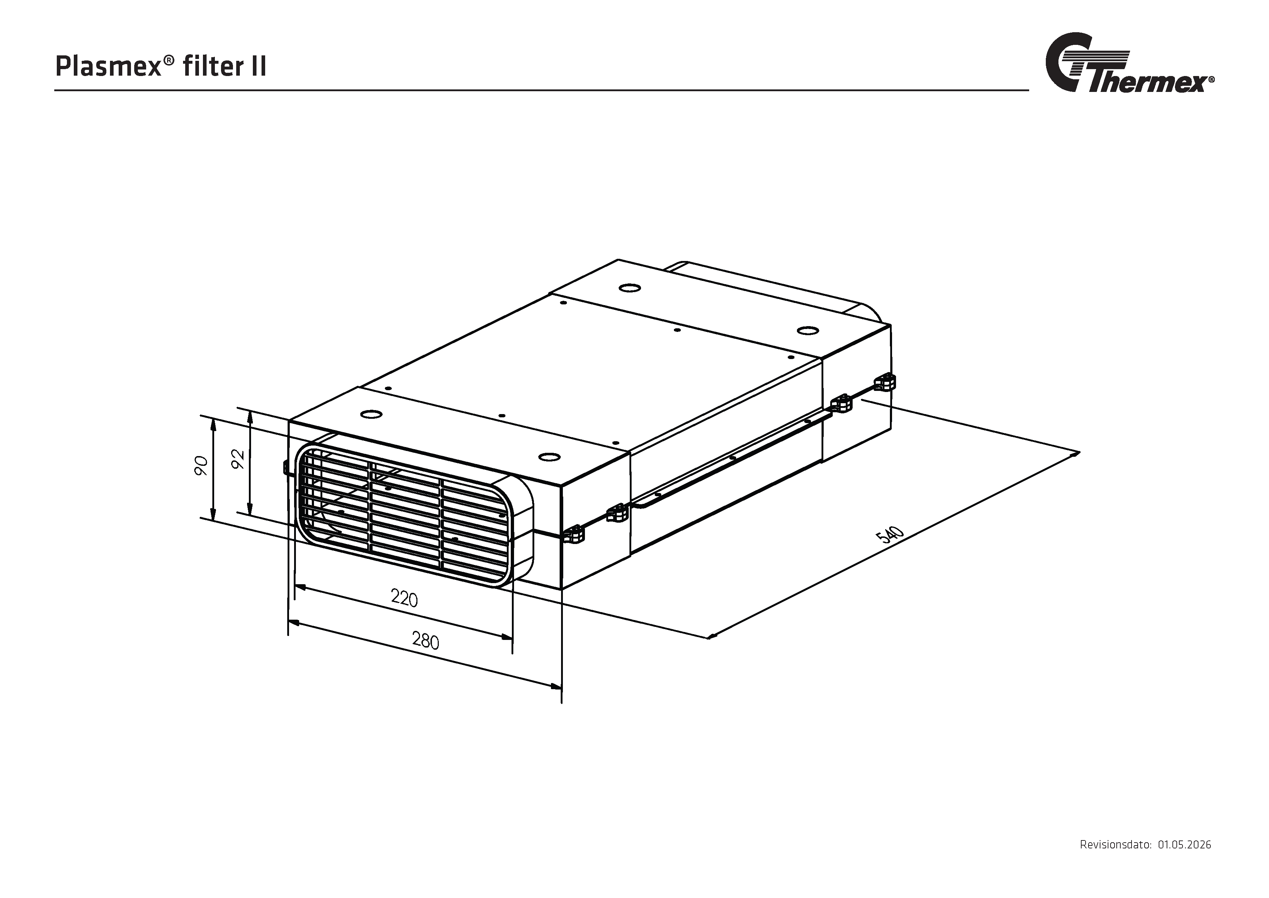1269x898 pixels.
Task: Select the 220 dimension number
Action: click(404, 598)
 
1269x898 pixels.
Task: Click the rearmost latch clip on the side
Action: click(886, 382)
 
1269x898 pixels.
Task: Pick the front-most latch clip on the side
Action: click(574, 534)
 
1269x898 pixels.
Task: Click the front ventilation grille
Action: click(402, 514)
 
